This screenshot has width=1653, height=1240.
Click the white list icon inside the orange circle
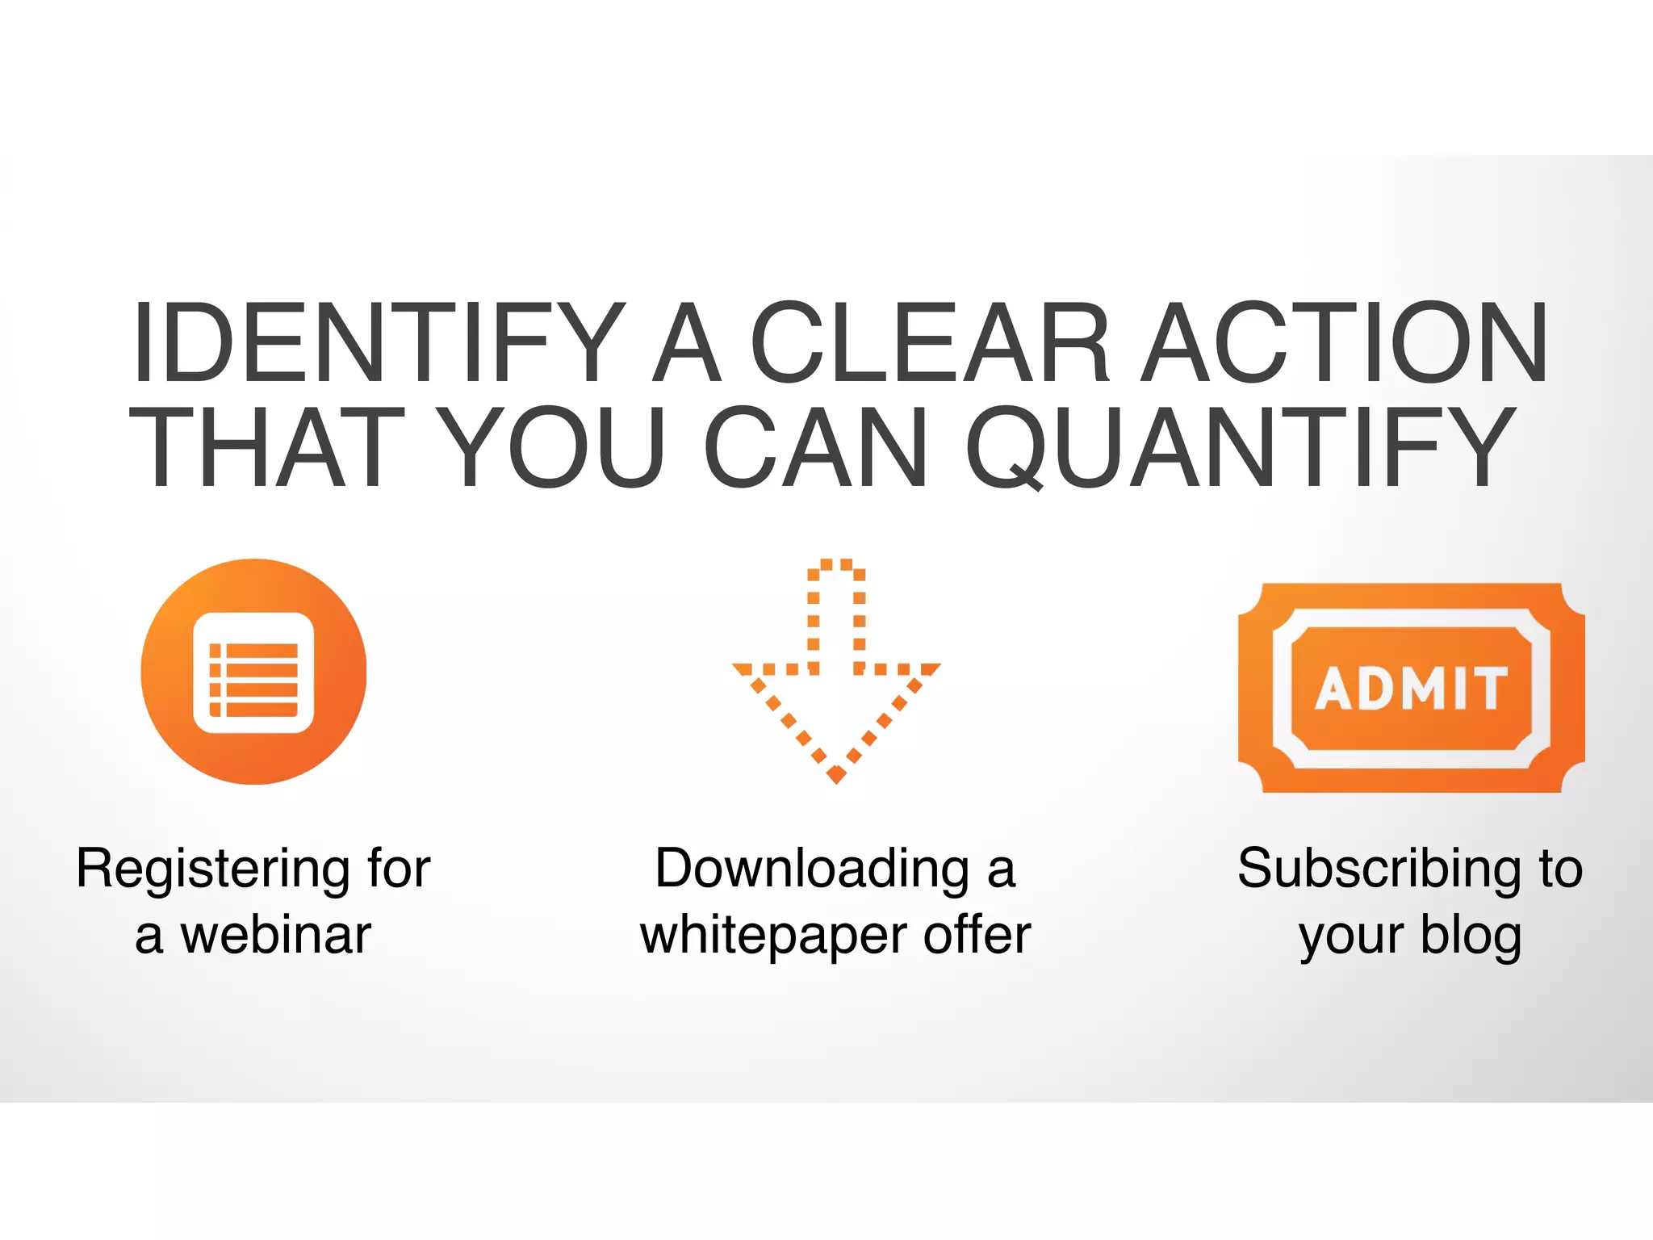point(253,672)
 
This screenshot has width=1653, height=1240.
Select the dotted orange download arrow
point(836,670)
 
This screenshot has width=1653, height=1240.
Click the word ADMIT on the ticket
point(1411,689)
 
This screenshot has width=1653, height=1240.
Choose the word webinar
point(276,936)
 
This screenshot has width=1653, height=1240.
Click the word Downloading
point(812,870)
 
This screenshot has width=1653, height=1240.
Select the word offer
point(977,936)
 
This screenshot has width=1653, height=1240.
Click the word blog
point(1471,937)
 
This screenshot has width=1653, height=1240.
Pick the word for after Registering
point(398,869)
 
